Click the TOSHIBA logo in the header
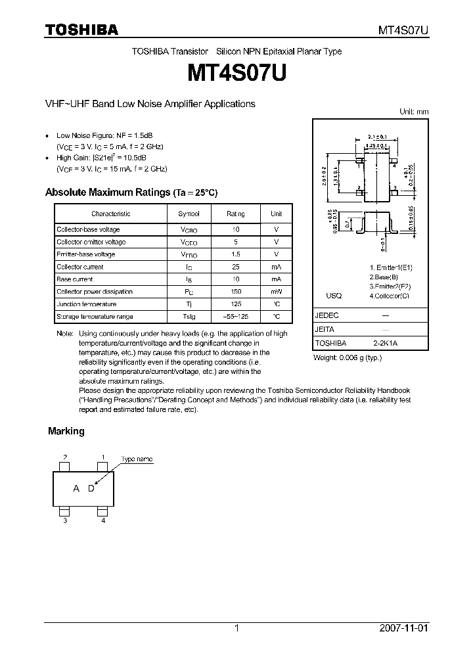pyautogui.click(x=81, y=30)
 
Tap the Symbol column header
pyautogui.click(x=189, y=214)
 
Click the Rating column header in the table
pyautogui.click(x=236, y=214)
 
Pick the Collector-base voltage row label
pyautogui.click(x=88, y=229)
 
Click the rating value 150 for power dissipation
pyautogui.click(x=236, y=292)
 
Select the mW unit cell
pyautogui.click(x=277, y=292)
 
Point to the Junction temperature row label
pyautogui.click(x=86, y=304)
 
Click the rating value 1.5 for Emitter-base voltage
pyautogui.click(x=236, y=254)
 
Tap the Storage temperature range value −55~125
pyautogui.click(x=236, y=317)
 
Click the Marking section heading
pyautogui.click(x=66, y=431)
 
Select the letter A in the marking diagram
pyautogui.click(x=76, y=488)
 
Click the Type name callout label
pyautogui.click(x=137, y=459)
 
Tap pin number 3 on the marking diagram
pyautogui.click(x=64, y=520)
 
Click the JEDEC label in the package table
pyautogui.click(x=327, y=315)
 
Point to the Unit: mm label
pyautogui.click(x=414, y=112)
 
